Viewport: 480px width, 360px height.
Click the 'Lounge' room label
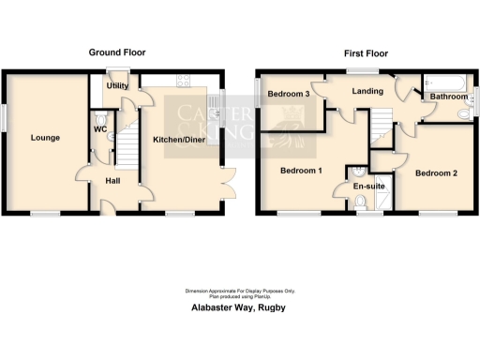tap(44, 138)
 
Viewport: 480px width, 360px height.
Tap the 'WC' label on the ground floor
tap(100, 130)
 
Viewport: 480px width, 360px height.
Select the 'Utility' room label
tap(117, 85)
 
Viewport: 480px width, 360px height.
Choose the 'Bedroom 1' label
tap(301, 171)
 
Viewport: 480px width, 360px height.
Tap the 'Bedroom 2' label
tap(436, 173)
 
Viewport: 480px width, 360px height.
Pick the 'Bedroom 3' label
tap(289, 95)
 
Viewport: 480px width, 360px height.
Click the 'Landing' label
tap(367, 91)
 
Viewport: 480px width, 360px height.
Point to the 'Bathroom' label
tap(448, 96)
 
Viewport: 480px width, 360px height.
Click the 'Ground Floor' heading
tap(116, 52)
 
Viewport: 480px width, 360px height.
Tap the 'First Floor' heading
tap(366, 53)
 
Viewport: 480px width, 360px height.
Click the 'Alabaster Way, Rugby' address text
tap(239, 307)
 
